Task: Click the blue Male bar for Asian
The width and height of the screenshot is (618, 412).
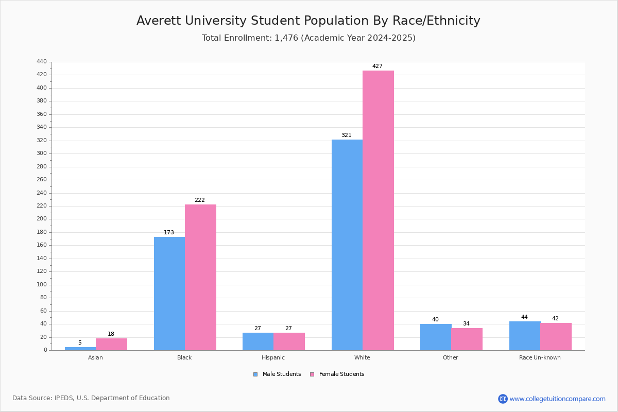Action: click(80, 349)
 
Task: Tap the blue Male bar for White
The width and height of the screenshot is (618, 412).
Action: click(347, 245)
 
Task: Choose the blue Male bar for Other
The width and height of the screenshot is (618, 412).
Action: click(436, 337)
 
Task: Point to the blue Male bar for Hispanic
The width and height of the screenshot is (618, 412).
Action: click(258, 341)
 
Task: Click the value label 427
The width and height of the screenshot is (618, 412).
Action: click(377, 66)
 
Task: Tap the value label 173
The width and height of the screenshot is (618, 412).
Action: click(169, 233)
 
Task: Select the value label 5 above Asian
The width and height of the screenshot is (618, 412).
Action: click(80, 343)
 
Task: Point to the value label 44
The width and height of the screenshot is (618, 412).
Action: click(524, 317)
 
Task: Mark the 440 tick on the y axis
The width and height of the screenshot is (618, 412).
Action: click(42, 62)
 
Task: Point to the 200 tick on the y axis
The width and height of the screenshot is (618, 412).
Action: click(42, 219)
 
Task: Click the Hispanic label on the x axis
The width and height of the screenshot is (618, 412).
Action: click(273, 357)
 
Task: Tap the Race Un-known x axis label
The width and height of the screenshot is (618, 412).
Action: click(540, 357)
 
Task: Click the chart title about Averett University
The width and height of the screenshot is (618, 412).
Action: click(308, 21)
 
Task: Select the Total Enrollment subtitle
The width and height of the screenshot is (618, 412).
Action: click(308, 38)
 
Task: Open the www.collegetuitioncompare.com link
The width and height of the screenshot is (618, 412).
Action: click(557, 399)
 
